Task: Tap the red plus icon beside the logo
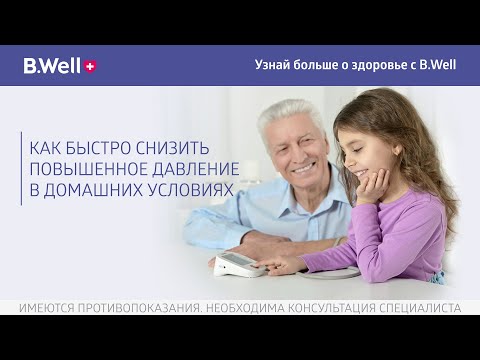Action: click(x=91, y=66)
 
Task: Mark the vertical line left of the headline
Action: click(x=21, y=167)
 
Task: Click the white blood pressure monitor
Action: click(x=238, y=264)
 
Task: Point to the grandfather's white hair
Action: click(x=290, y=113)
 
